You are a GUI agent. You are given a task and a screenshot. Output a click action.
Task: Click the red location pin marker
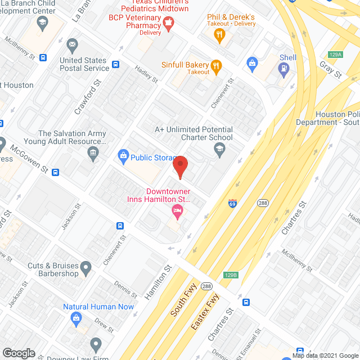[179, 167]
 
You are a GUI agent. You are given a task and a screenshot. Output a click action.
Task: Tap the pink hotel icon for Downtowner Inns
[177, 212]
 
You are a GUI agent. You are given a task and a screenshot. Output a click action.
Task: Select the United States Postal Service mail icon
[72, 44]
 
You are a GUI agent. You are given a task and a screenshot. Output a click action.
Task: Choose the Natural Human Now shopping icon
[75, 319]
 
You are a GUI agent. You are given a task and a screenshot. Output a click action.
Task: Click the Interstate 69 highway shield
[232, 202]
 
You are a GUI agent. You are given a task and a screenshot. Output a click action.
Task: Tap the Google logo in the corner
[19, 353]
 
